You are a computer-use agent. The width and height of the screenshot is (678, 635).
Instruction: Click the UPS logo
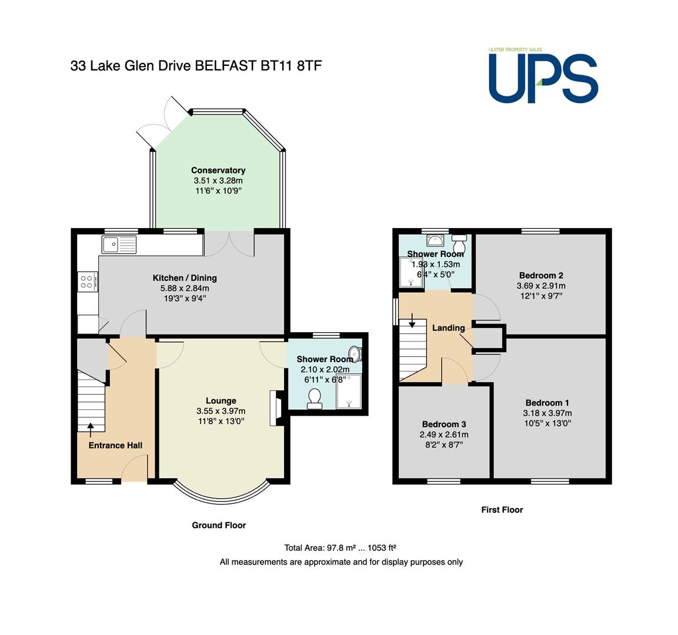[x=543, y=76]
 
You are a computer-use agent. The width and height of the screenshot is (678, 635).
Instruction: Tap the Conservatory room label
[x=218, y=171]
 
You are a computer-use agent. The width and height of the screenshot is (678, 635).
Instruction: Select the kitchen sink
[x=119, y=244]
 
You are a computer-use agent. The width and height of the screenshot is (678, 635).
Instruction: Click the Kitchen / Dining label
[x=185, y=278]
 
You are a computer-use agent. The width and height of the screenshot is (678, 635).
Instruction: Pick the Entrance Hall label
[x=115, y=445]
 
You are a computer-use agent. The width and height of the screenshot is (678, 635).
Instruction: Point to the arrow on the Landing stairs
[x=413, y=320]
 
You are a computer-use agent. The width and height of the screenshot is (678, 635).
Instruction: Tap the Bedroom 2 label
[x=541, y=275]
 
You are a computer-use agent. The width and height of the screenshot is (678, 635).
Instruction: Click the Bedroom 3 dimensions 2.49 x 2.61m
[x=443, y=435]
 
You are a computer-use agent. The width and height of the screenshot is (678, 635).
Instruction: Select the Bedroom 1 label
[x=547, y=402]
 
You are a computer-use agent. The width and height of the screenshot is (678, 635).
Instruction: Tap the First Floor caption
[x=502, y=510]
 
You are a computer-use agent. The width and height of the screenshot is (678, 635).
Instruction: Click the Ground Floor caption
[x=219, y=525]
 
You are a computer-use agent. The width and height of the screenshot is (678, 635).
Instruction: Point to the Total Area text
[x=340, y=547]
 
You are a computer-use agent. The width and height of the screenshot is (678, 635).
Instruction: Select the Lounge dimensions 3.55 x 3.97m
[x=221, y=411]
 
